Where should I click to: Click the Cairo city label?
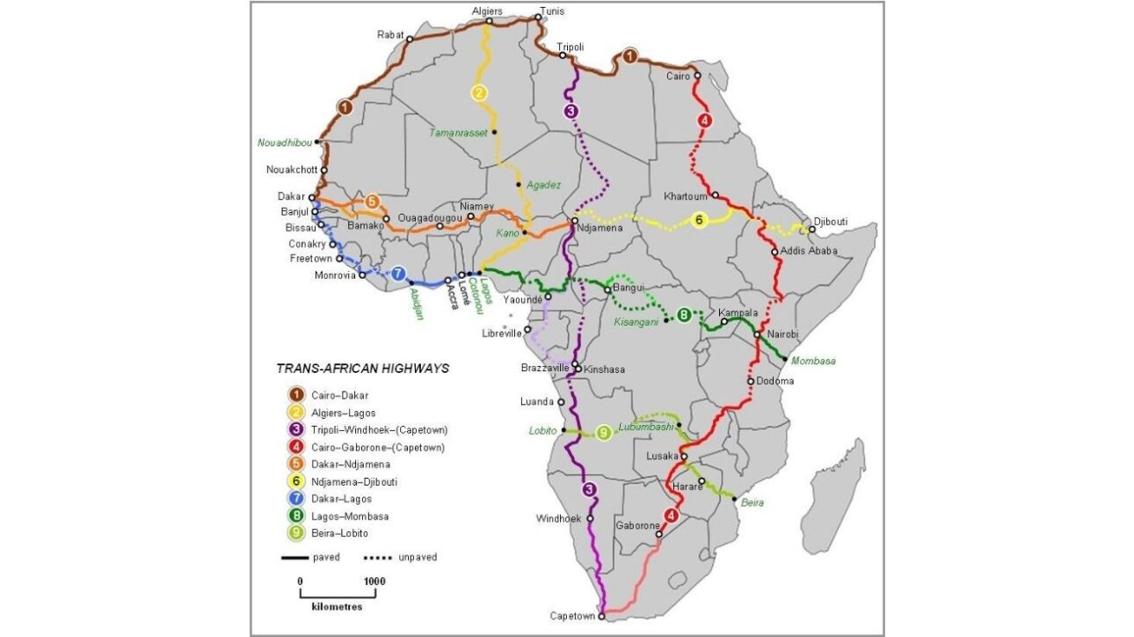click(678, 77)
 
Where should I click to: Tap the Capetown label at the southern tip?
click(572, 616)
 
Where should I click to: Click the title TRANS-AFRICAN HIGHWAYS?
click(362, 369)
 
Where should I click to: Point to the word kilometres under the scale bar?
click(336, 606)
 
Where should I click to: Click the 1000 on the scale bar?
click(374, 582)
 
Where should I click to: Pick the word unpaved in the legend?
click(418, 557)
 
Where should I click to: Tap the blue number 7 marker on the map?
click(397, 274)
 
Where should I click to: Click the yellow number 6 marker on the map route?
click(700, 220)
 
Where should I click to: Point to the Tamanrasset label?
click(458, 133)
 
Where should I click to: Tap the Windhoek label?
click(559, 518)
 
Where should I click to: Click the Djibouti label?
click(831, 222)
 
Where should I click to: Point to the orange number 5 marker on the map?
click(372, 201)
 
